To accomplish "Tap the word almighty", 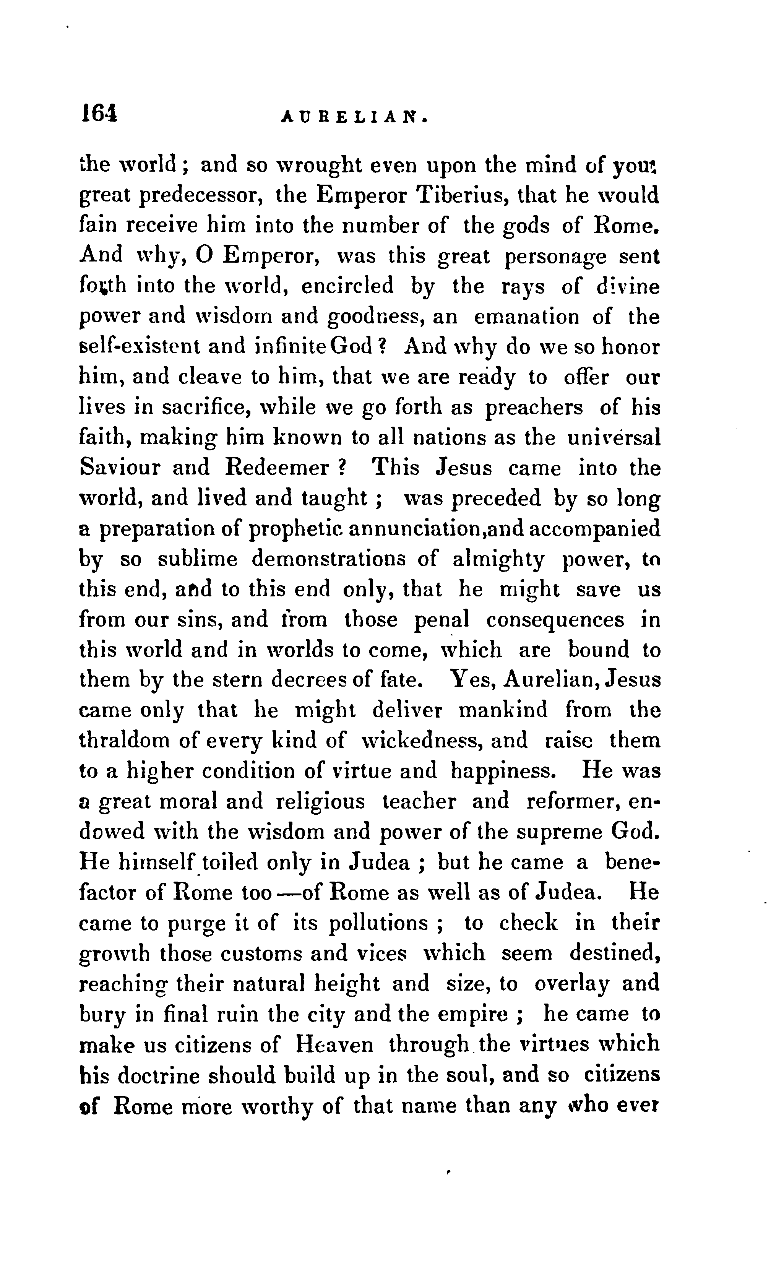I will (498, 559).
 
